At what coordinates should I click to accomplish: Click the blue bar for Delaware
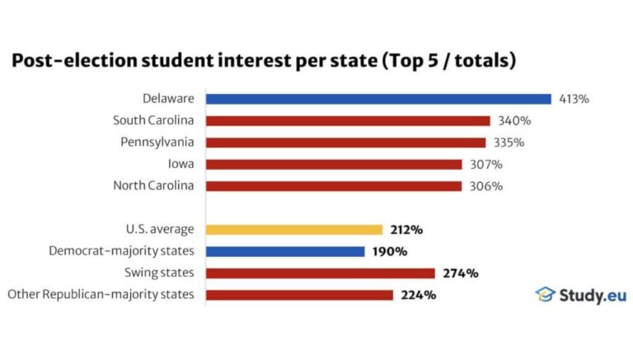click(378, 99)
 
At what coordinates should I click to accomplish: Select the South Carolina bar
click(348, 120)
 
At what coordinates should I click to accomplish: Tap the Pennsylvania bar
click(345, 143)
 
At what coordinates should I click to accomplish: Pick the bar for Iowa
click(334, 164)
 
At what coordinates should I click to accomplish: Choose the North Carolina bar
click(334, 185)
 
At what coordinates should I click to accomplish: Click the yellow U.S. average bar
click(294, 230)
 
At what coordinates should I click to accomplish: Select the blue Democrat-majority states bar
click(285, 251)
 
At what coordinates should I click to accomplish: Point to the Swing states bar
click(320, 273)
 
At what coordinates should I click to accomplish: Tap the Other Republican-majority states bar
click(299, 294)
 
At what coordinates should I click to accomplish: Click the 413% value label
click(573, 99)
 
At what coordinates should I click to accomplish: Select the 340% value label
click(513, 120)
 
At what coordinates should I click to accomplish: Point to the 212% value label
click(406, 230)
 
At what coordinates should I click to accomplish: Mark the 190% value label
click(388, 251)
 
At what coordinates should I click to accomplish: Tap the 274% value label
click(458, 273)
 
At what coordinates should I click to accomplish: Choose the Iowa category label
click(181, 164)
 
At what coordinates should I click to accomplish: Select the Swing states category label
click(160, 273)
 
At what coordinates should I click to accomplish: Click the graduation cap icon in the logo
click(545, 294)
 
